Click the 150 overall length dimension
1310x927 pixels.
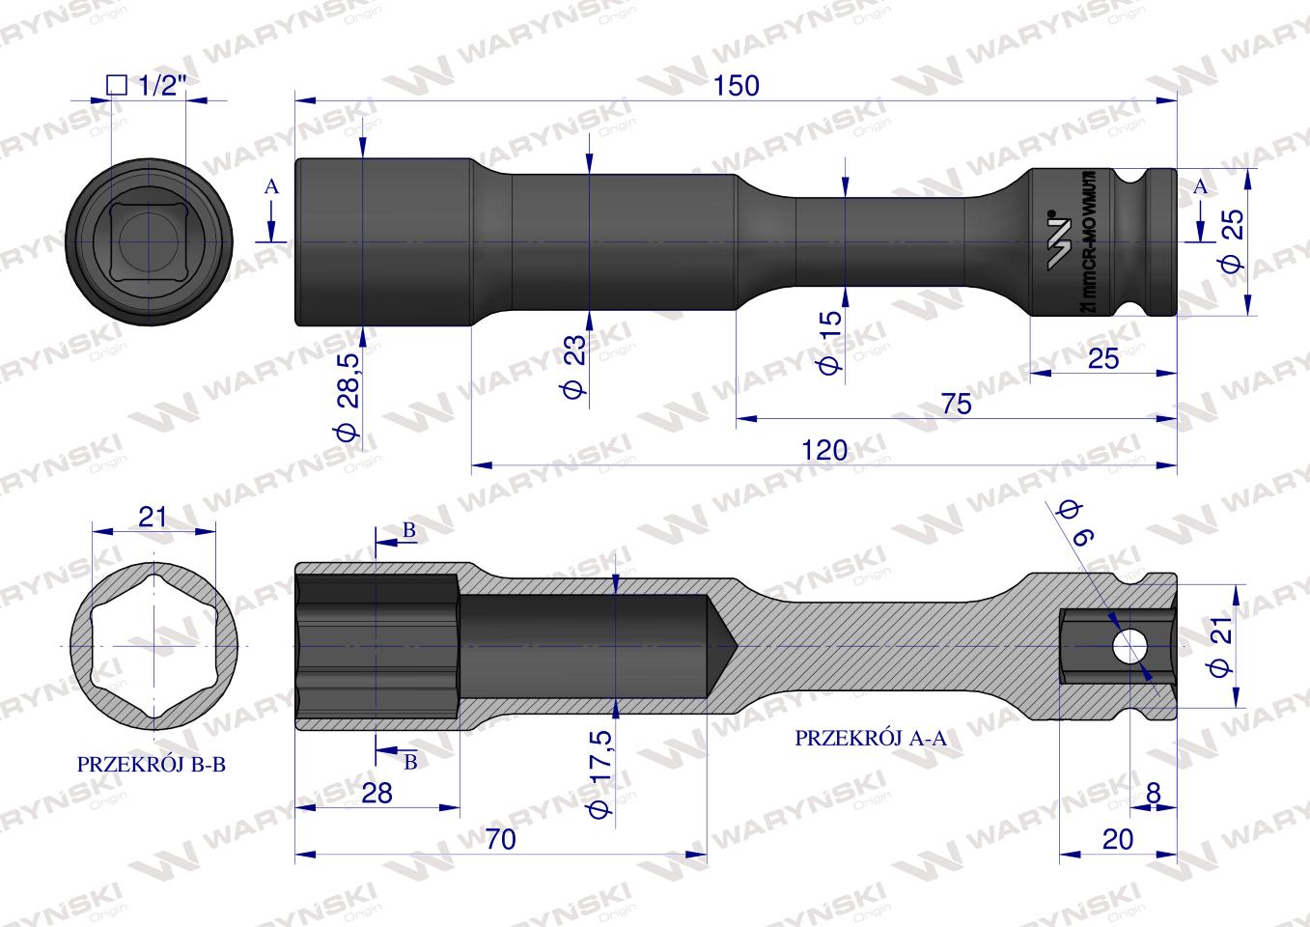pyautogui.click(x=737, y=85)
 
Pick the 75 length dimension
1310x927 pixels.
pyautogui.click(x=955, y=404)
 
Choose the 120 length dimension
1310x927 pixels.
pyautogui.click(x=823, y=450)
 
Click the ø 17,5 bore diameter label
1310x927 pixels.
pyautogui.click(x=600, y=772)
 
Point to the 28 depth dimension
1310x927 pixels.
pyautogui.click(x=376, y=793)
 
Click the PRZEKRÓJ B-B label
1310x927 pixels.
pyautogui.click(x=151, y=764)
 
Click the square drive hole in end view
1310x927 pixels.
pyautogui.click(x=150, y=239)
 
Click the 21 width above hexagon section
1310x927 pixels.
pyautogui.click(x=153, y=517)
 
